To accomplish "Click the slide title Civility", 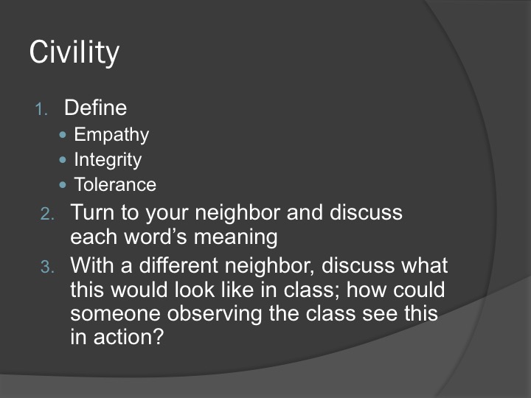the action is coord(74,52).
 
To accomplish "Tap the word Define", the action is coord(95,108).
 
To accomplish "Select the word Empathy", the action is coord(111,135).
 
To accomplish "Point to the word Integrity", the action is coord(108,160).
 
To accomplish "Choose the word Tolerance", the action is coord(115,184).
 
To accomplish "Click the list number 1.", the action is coord(41,109).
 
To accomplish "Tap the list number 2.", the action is coord(47,214).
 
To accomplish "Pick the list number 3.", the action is coord(47,267).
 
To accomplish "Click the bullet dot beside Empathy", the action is coord(63,135).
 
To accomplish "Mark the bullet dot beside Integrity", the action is coord(63,160).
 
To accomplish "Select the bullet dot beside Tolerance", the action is coord(63,185).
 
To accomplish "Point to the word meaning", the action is coord(235,237).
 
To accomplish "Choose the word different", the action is coord(178,265).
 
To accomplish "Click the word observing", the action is coord(214,314).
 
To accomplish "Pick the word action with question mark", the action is coord(128,338).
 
